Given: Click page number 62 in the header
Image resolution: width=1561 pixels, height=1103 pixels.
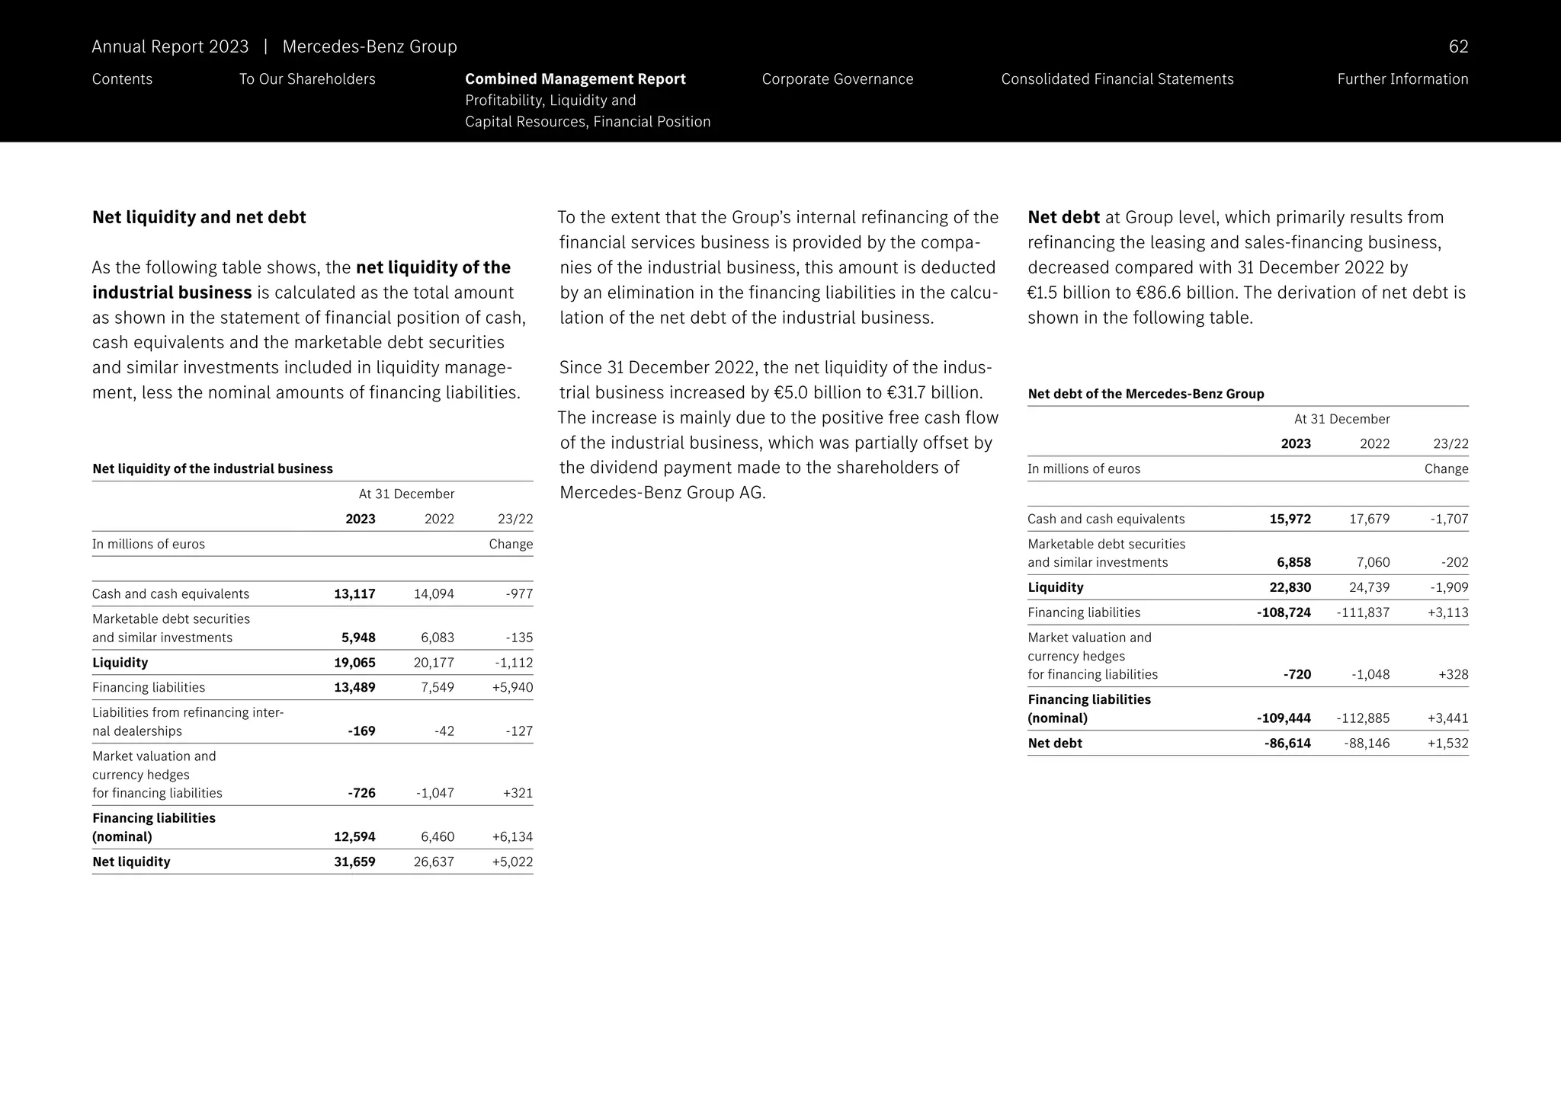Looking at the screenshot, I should point(1457,47).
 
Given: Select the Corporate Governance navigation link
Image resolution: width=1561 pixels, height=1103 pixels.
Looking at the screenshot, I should point(837,79).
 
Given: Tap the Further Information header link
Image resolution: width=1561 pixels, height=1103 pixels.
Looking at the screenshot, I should point(1402,79).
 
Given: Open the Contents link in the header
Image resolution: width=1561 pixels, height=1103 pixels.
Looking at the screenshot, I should point(122,79).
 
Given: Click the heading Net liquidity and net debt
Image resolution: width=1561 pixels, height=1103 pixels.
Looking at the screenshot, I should point(199,217).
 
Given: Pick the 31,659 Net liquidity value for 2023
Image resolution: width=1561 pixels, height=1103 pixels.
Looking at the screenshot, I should point(354,862).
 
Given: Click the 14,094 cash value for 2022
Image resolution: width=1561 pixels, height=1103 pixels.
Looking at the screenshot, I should point(434,593).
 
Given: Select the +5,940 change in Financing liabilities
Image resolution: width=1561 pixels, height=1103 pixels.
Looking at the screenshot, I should point(512,687).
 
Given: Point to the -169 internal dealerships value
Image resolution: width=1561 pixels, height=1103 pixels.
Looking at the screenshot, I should point(361,731).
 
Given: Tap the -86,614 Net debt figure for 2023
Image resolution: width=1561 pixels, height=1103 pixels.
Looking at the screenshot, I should point(1287,743).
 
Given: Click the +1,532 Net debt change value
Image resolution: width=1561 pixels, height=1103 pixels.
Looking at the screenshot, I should point(1447,743).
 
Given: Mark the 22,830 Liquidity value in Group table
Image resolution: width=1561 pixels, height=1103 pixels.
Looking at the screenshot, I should point(1290,587).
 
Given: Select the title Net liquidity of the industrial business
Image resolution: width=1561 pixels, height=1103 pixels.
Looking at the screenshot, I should point(213,468).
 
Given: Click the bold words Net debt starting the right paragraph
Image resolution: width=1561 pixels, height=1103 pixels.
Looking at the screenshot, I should point(1063,217).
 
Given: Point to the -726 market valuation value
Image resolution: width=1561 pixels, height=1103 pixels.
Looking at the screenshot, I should point(361,793).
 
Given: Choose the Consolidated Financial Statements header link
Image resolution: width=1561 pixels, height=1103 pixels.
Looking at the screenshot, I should point(1117,79).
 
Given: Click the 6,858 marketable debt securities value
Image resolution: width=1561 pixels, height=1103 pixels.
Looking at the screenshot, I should point(1293,562).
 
